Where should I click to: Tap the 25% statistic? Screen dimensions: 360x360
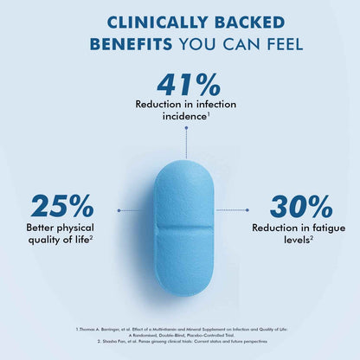pyautogui.click(x=61, y=206)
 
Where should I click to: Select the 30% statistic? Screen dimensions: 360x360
pyautogui.click(x=301, y=206)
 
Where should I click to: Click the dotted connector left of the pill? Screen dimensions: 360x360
pyautogui.click(x=130, y=209)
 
